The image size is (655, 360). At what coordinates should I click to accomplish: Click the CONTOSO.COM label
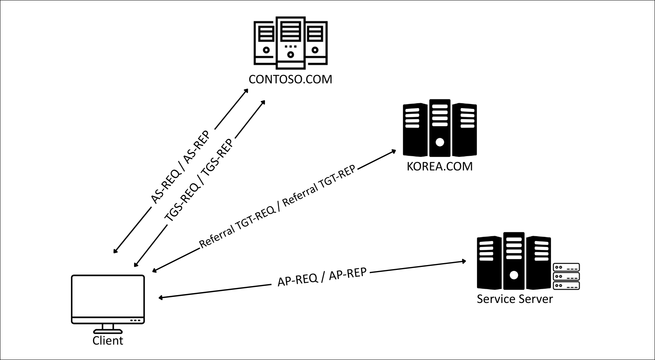tap(290, 80)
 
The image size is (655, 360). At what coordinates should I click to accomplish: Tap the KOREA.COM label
tap(440, 166)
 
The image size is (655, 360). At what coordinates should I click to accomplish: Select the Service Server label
tap(515, 299)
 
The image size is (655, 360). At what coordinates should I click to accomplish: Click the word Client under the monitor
tap(108, 341)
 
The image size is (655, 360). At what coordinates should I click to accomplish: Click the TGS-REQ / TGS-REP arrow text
tap(199, 180)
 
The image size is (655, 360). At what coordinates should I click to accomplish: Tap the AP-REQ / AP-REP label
tap(322, 277)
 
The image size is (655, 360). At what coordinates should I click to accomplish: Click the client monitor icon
tap(108, 299)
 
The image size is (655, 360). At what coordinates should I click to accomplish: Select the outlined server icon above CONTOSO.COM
tap(290, 42)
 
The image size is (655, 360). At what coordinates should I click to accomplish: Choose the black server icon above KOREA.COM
tap(440, 128)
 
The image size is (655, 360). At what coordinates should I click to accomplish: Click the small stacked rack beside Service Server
tap(566, 276)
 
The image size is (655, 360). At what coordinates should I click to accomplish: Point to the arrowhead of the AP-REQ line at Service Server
tap(464, 261)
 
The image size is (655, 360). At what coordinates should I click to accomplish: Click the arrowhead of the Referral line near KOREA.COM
tap(394, 151)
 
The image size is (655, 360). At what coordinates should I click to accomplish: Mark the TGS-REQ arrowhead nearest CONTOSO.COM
tap(264, 102)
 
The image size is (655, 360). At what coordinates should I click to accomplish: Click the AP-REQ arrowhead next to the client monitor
tap(160, 298)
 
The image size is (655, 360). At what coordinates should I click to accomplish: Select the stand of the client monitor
tap(108, 329)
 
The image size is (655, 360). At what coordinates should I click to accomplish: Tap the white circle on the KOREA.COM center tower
tap(440, 142)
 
